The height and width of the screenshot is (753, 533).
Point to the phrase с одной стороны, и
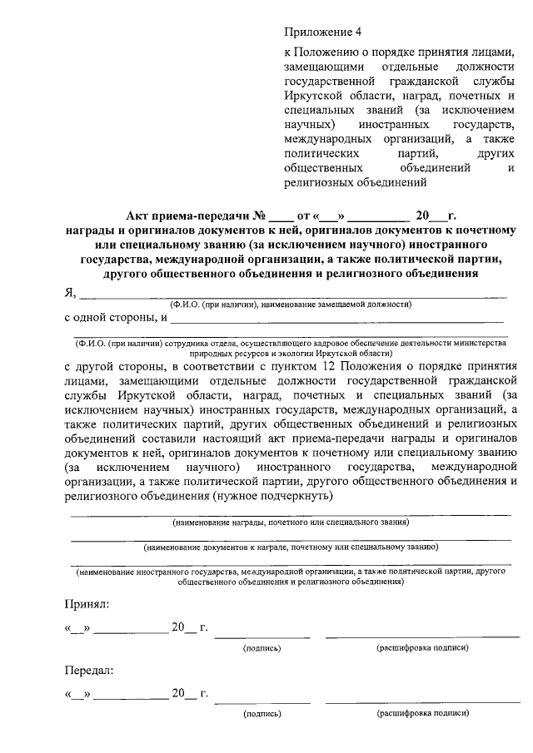tap(116, 317)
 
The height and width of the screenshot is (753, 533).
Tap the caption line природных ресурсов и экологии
tap(288, 353)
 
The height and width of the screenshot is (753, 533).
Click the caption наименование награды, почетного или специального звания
tap(290, 523)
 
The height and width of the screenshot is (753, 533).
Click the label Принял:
tap(86, 602)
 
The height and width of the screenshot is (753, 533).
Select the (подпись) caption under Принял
tap(262, 647)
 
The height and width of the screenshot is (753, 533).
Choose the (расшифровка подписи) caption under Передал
tap(422, 713)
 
